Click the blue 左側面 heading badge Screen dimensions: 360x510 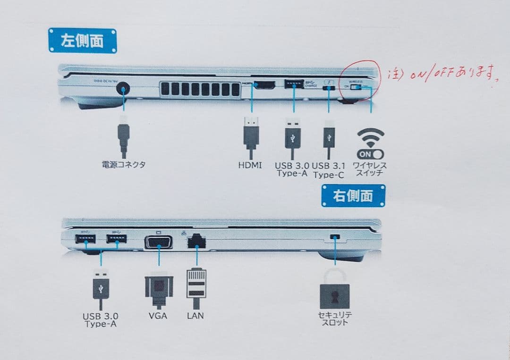pyautogui.click(x=82, y=41)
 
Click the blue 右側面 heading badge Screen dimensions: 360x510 pyautogui.click(x=353, y=195)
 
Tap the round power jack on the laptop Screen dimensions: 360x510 pyautogui.click(x=123, y=88)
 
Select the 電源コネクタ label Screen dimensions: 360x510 pyautogui.click(x=124, y=165)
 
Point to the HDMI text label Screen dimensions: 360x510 pyautogui.click(x=250, y=166)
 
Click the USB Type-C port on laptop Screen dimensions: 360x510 pyautogui.click(x=328, y=87)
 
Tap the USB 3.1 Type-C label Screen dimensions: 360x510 pyautogui.click(x=328, y=170)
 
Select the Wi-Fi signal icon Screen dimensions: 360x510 pyautogui.click(x=370, y=137)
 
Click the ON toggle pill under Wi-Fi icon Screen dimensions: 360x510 pyautogui.click(x=370, y=154)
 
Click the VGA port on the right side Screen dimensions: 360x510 pyautogui.click(x=158, y=242)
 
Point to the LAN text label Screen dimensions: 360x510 pyautogui.click(x=195, y=315)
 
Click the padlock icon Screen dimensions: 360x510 pyautogui.click(x=335, y=289)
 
